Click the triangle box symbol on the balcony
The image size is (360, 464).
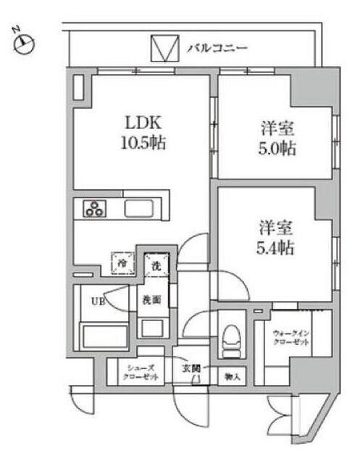pos(164,49)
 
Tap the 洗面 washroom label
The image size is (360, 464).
pos(151,299)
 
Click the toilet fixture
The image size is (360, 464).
pos(230,338)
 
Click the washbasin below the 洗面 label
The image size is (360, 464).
pos(152,328)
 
